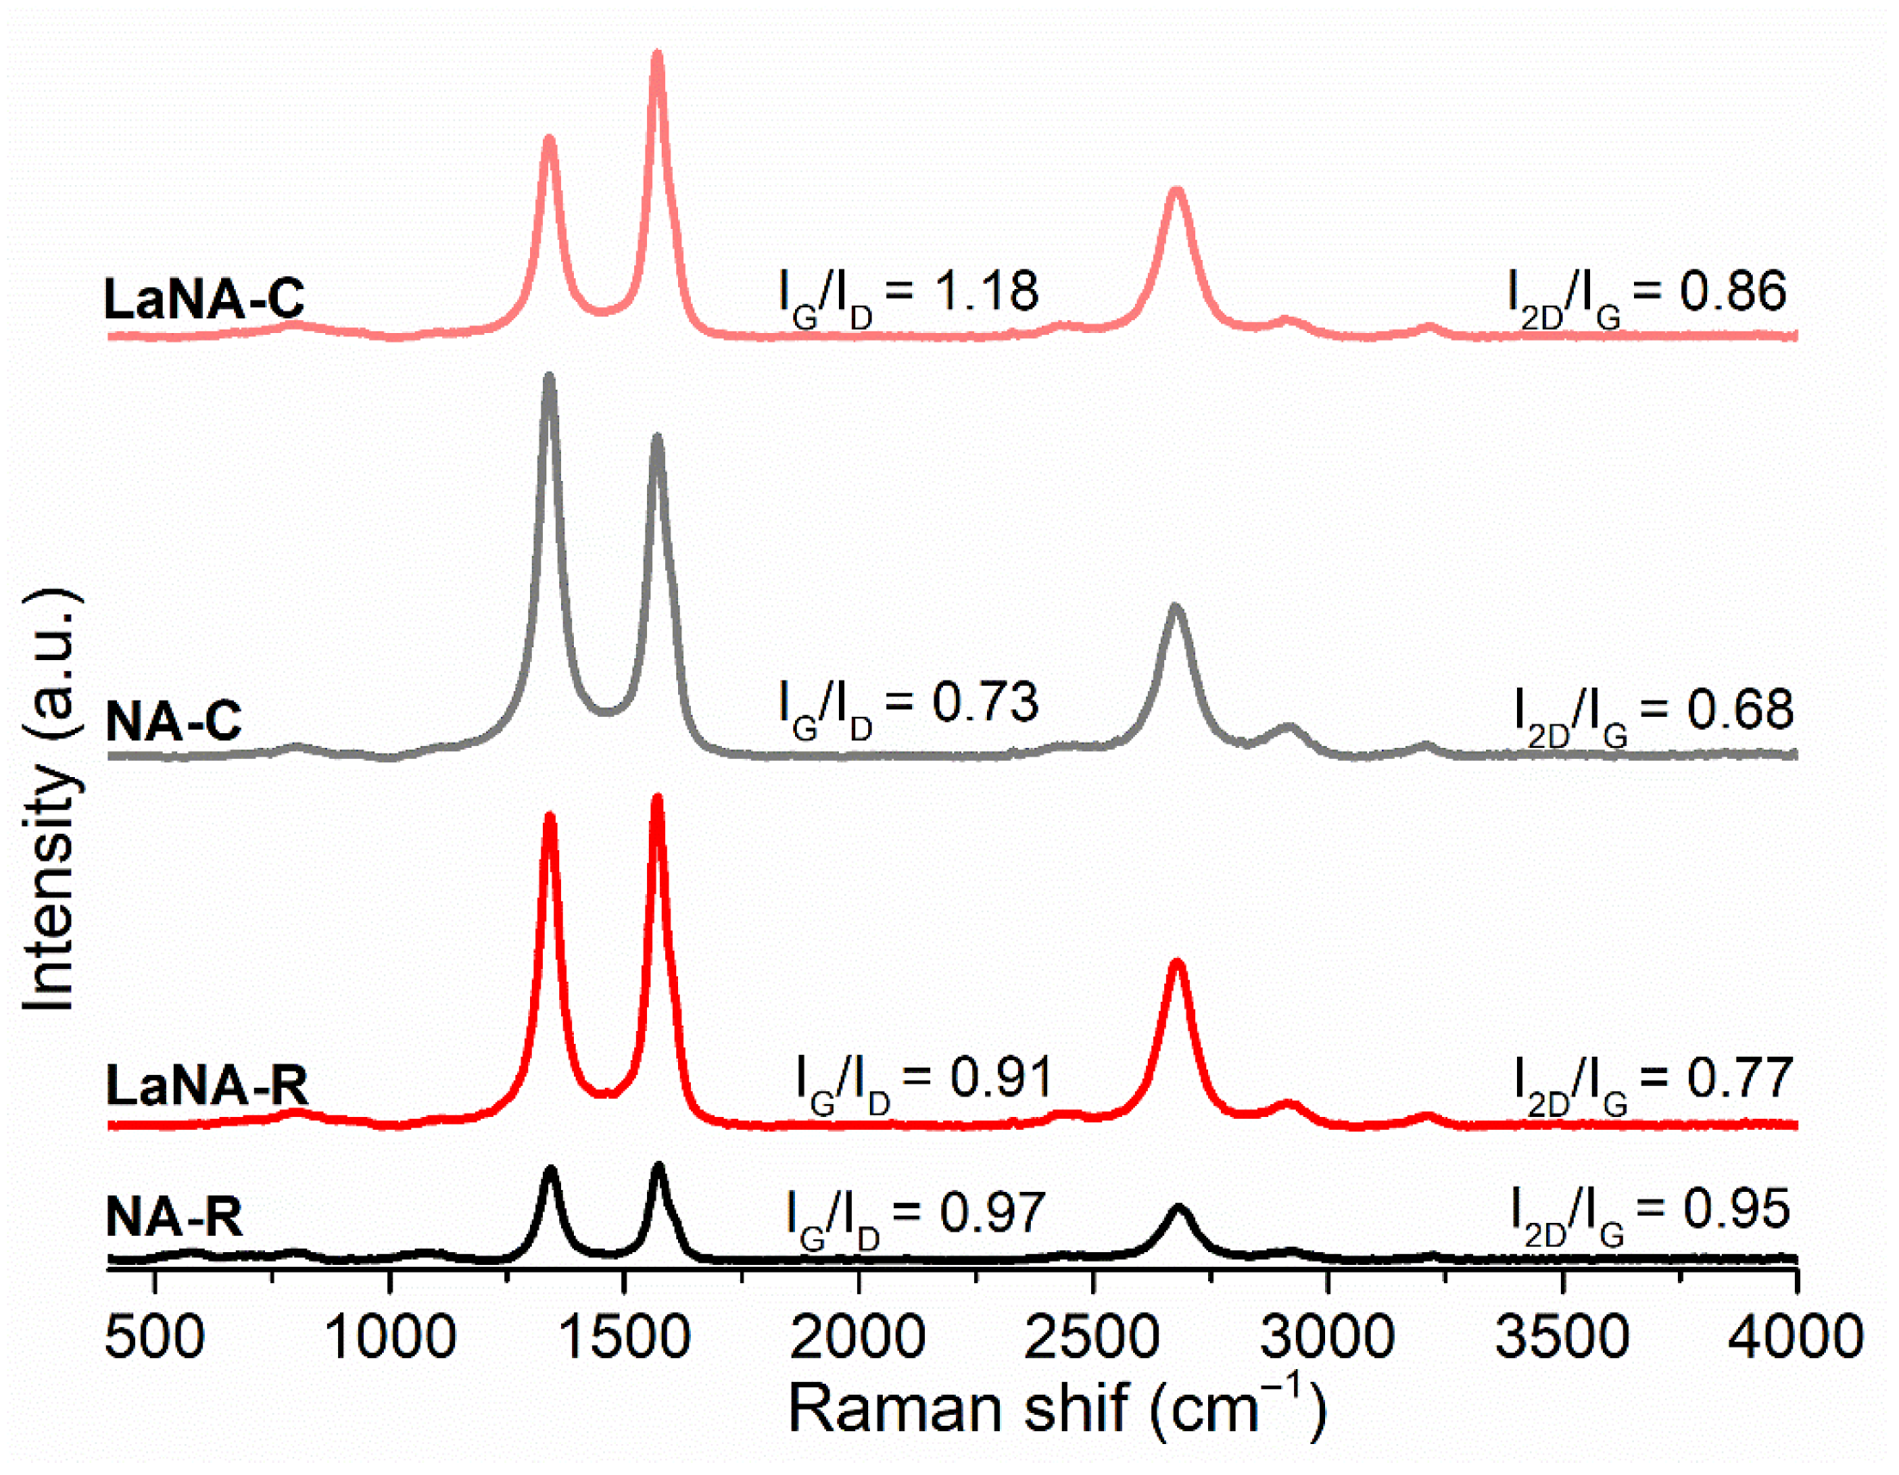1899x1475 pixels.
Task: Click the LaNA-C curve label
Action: point(203,298)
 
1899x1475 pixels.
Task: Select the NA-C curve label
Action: point(173,720)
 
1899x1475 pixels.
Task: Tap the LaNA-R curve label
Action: point(207,1084)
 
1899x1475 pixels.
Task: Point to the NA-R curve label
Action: point(173,1215)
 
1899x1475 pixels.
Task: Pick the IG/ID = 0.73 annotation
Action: point(909,707)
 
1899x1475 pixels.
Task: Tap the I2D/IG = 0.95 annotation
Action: point(1649,1213)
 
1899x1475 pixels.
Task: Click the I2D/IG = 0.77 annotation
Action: point(1653,1083)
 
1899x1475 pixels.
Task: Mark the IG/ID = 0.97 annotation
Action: point(915,1216)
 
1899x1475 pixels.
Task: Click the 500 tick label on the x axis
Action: point(155,1337)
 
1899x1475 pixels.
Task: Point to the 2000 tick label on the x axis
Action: point(857,1337)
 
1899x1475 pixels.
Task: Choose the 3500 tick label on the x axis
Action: point(1562,1337)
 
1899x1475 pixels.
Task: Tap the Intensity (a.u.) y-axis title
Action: point(51,800)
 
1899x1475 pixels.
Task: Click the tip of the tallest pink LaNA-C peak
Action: point(657,55)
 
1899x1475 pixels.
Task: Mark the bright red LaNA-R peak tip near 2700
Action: point(1177,963)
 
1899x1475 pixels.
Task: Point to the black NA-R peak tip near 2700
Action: point(1179,1208)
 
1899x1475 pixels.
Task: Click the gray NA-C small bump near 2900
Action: point(1289,727)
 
